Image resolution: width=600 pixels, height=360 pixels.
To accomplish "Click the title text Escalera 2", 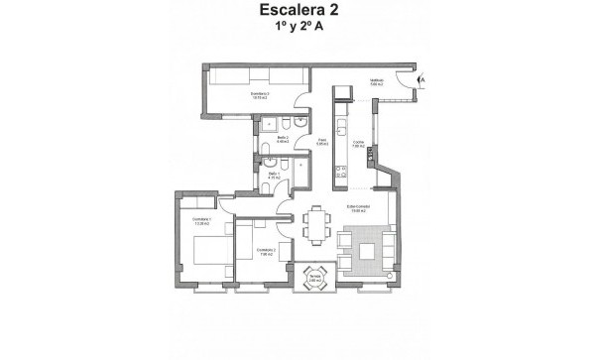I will click(x=300, y=13).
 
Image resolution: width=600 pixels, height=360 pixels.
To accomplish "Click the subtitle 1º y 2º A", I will click(x=300, y=31).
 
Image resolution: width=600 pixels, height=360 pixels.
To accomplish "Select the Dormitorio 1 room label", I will click(x=202, y=223).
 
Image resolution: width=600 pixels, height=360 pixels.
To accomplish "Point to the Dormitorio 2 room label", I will click(x=265, y=252).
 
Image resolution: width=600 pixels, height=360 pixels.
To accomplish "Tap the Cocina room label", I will click(x=358, y=145).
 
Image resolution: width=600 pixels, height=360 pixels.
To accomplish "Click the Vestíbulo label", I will click(x=377, y=83).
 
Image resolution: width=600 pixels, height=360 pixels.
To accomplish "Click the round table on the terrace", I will click(x=314, y=276).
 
